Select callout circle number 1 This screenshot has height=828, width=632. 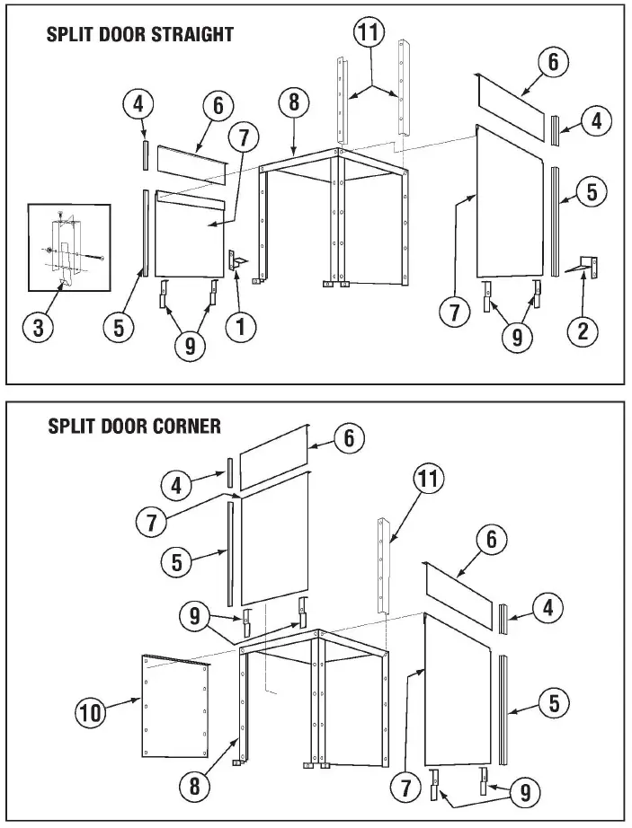(x=240, y=328)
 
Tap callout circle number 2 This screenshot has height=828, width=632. (x=583, y=331)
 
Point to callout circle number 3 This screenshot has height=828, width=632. (x=38, y=328)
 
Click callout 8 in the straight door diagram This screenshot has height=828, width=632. (x=293, y=102)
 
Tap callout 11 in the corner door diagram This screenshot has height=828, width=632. (x=429, y=480)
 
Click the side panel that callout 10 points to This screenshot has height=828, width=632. (x=176, y=707)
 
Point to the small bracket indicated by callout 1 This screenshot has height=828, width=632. (x=235, y=260)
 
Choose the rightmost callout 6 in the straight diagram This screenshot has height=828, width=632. (x=553, y=62)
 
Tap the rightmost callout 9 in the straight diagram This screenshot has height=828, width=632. (x=515, y=336)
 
